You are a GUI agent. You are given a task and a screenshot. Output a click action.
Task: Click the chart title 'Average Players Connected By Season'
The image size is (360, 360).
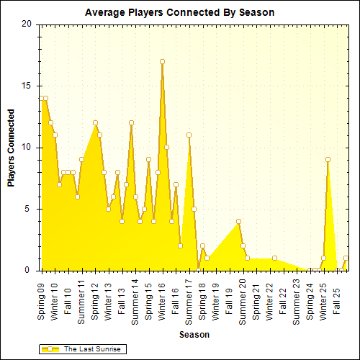point(179,13)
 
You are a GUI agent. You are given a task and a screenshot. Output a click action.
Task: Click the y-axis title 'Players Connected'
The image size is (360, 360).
point(11,148)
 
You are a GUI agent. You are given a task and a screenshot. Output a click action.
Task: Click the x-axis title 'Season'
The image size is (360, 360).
point(194,335)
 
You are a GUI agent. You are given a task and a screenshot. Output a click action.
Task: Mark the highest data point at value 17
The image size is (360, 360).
point(162,61)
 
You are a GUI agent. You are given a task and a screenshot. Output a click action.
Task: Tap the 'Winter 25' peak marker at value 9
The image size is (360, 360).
point(328,160)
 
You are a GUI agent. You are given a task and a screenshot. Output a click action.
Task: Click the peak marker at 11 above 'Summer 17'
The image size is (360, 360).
point(189,135)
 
